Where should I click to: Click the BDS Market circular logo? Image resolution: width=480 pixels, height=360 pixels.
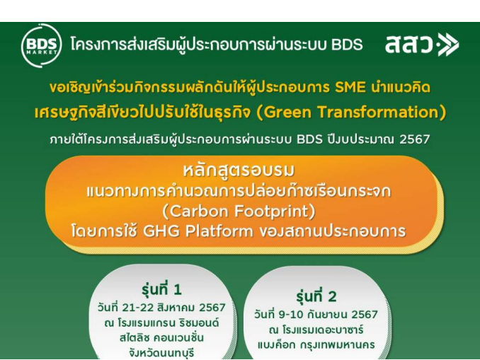[x=41, y=45]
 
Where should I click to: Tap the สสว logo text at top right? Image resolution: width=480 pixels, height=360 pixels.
[x=408, y=45]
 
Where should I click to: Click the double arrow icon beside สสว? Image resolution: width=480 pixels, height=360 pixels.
[x=448, y=45]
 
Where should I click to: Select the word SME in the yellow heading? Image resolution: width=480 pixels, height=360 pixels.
[x=350, y=88]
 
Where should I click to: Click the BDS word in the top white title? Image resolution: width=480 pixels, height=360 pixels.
[x=347, y=45]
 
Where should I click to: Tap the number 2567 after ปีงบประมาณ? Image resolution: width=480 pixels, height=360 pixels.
[x=414, y=139]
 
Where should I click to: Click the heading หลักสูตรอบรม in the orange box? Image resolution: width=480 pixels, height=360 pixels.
[x=239, y=170]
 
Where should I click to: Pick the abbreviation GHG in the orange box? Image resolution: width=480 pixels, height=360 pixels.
[x=161, y=231]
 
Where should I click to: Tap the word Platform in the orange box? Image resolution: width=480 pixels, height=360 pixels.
[x=219, y=231]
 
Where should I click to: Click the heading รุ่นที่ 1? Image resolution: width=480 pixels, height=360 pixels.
[x=161, y=289]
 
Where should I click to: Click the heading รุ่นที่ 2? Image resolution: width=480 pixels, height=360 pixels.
[x=316, y=296]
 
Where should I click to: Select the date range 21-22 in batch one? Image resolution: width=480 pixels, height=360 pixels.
[x=138, y=308]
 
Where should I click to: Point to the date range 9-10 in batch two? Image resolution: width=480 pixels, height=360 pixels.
[x=290, y=315]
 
